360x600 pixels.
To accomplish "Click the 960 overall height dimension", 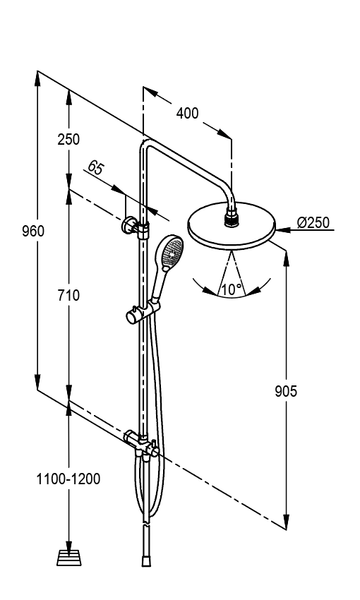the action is click(x=33, y=232).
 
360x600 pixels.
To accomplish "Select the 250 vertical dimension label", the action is click(x=69, y=139).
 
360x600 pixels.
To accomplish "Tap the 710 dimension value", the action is click(x=69, y=295).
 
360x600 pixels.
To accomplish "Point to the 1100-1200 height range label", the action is click(x=68, y=479).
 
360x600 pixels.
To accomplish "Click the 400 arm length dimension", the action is click(x=187, y=113).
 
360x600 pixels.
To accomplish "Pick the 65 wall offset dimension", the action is click(x=95, y=168).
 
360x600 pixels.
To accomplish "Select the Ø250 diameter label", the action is click(x=313, y=222).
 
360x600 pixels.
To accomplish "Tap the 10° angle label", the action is click(x=231, y=289).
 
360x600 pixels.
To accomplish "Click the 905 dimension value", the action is click(x=286, y=391).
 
